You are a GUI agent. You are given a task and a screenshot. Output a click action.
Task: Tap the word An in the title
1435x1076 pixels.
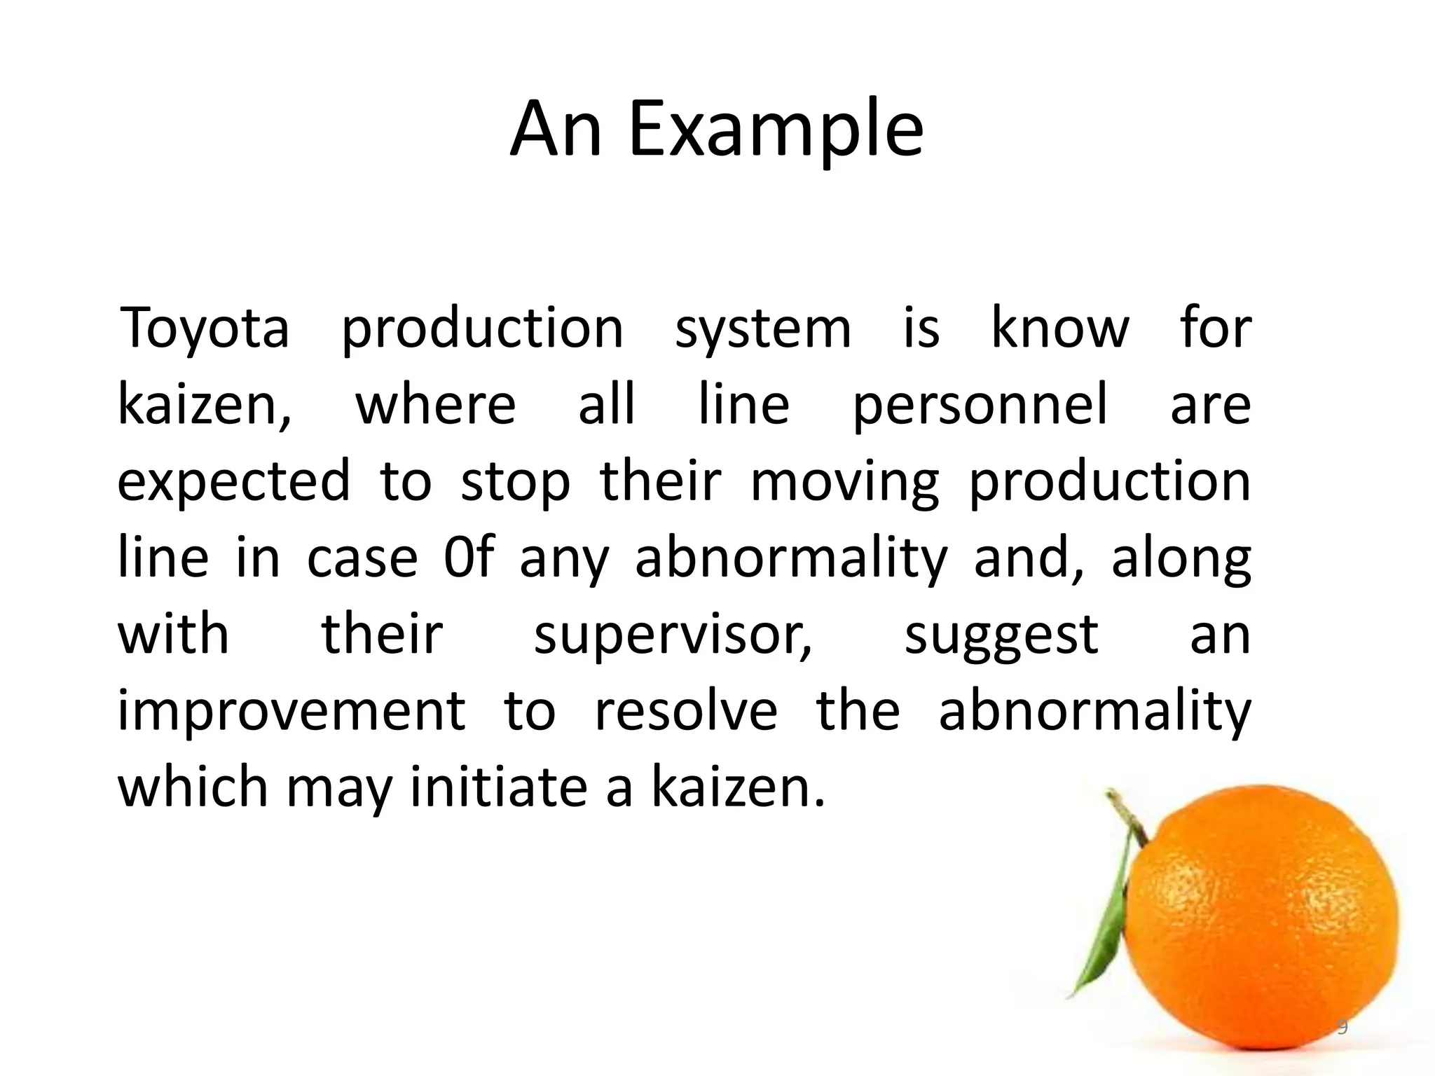pos(556,130)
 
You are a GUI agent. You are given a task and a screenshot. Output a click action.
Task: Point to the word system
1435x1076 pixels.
pos(762,329)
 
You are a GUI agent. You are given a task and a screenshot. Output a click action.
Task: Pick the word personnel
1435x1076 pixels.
pos(980,405)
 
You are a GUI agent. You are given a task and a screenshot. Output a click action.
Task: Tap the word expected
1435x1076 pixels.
pos(233,482)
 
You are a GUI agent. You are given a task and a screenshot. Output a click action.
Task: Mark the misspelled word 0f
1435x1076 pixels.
pos(469,558)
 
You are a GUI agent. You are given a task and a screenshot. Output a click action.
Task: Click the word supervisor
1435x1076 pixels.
pos(673,635)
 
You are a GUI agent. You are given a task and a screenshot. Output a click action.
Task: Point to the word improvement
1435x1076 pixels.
pos(291,712)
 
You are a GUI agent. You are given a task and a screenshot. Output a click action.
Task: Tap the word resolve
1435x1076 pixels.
pos(686,711)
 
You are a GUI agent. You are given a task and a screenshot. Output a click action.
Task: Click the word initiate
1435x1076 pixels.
pos(498,787)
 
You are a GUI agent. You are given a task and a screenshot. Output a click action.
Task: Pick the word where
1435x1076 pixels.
pos(436,405)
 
